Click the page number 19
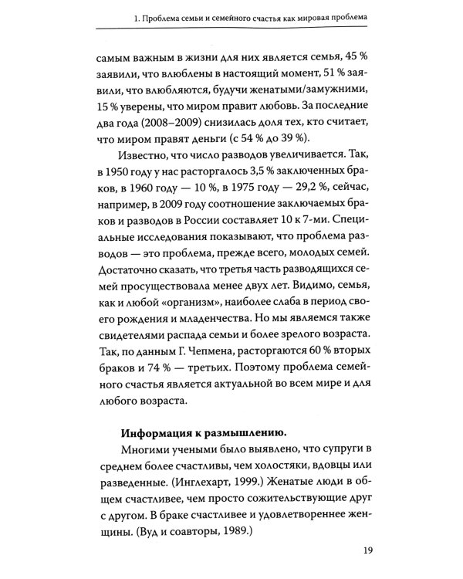click(367, 551)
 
